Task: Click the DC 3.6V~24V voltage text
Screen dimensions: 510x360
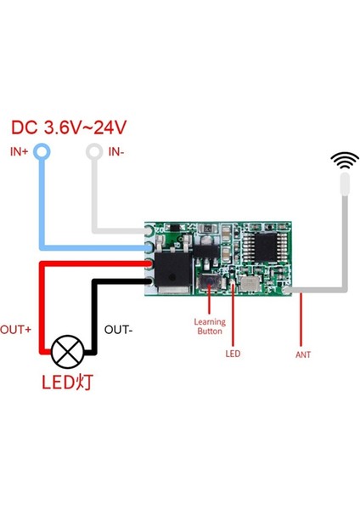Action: point(69,128)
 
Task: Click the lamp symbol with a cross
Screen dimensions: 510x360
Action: point(67,350)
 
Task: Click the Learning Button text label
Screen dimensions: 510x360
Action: point(210,327)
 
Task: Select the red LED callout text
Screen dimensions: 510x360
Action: point(234,352)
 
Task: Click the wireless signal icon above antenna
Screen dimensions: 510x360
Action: point(344,160)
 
